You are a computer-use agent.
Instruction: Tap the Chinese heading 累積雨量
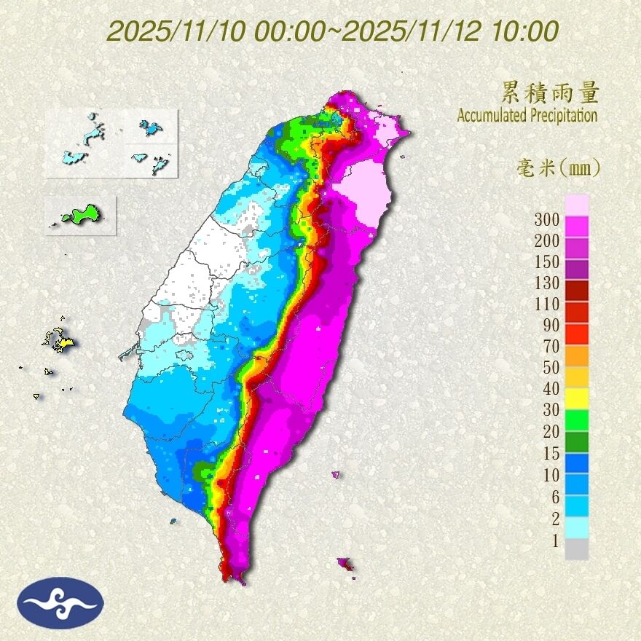tap(550, 93)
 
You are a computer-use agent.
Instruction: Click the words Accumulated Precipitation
tap(527, 115)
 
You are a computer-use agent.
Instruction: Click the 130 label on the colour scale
tap(546, 283)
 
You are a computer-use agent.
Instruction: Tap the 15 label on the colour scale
tap(550, 453)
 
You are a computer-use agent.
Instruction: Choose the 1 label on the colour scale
tap(554, 540)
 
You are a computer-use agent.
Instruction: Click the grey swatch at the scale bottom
tap(577, 549)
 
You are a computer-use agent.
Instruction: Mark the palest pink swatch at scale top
tap(577, 205)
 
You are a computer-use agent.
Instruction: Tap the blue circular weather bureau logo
tap(61, 602)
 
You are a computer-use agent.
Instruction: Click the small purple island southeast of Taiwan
tap(345, 563)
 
